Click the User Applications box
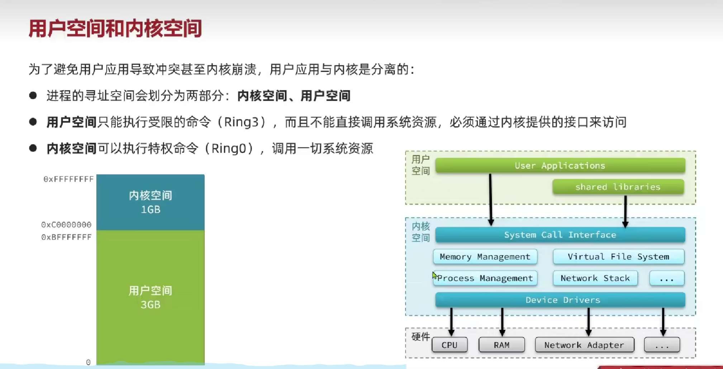[560, 166]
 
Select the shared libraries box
[618, 187]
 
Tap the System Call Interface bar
[560, 235]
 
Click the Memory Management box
[485, 257]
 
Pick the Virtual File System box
[618, 257]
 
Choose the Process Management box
[485, 278]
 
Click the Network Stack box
[595, 278]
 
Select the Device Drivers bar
[560, 300]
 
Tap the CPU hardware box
[450, 345]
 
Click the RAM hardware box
[501, 345]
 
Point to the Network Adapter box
[584, 345]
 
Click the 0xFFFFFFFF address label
[68, 179]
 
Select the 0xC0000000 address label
[66, 225]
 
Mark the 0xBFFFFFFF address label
[66, 237]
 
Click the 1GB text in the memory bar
[151, 210]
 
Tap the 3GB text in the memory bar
[151, 305]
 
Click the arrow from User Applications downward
[490, 200]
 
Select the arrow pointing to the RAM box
[502, 322]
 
